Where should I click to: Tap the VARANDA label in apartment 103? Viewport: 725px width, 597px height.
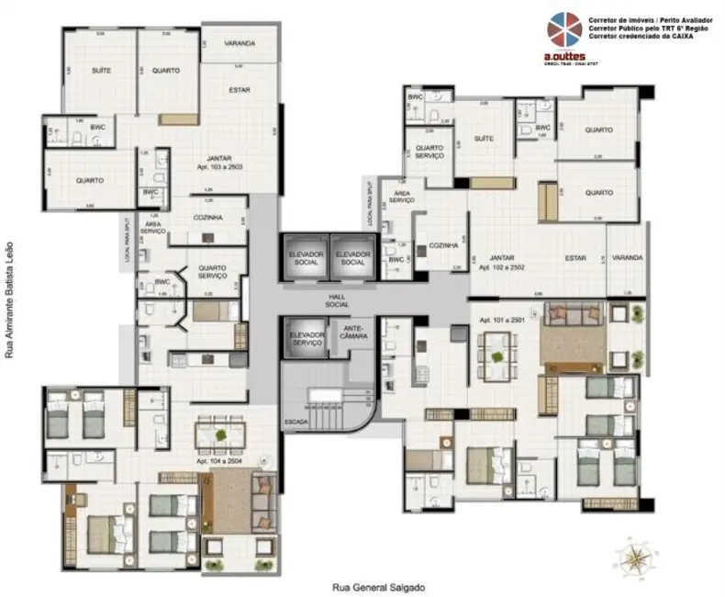(239, 43)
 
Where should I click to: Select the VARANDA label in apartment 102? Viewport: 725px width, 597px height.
(627, 258)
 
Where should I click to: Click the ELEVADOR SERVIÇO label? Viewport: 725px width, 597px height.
(307, 337)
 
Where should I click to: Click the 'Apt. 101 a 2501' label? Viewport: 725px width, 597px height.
(501, 321)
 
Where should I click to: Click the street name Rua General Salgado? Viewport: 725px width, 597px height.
(379, 587)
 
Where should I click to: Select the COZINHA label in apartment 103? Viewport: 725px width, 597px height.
(210, 217)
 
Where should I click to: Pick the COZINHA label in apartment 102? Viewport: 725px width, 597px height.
(443, 247)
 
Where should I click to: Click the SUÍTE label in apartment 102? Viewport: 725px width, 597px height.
(485, 139)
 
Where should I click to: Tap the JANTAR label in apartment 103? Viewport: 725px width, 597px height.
(218, 157)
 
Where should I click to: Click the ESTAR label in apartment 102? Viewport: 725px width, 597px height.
(575, 258)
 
